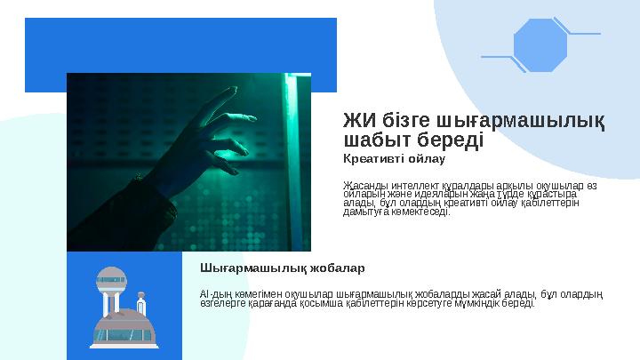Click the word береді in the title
[447, 140]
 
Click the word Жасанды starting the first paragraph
[361, 185]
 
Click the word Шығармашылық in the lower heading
[239, 268]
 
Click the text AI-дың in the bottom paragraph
[216, 293]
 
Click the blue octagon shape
[540, 44]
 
